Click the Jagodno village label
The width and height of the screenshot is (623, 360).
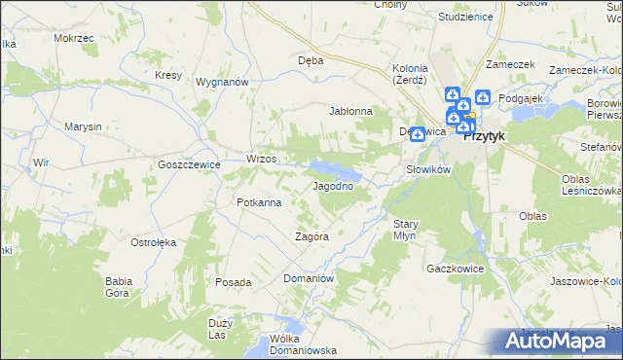click(332, 186)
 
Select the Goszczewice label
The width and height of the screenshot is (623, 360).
click(189, 165)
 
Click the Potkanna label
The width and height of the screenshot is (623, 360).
click(259, 202)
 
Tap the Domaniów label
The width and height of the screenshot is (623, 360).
click(309, 278)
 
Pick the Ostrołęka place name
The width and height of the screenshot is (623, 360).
click(152, 241)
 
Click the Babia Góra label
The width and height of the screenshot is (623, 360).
click(119, 286)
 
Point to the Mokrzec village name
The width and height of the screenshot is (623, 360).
click(74, 38)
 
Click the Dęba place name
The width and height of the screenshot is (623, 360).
click(310, 59)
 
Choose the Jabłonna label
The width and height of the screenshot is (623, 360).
click(351, 111)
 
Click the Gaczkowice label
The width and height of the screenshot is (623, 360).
click(450, 267)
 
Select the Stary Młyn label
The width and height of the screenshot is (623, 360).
click(406, 230)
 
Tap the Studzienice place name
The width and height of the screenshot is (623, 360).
click(438, 18)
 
